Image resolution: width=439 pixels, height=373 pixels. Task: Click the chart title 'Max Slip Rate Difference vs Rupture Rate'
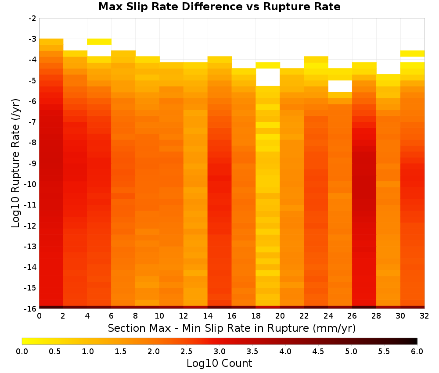pos(219,7)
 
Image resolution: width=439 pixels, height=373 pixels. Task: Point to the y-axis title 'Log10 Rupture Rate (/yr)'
pos(15,163)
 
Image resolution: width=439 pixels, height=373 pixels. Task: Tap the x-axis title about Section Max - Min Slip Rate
pos(232,328)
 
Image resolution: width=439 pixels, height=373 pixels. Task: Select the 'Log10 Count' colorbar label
pos(219,363)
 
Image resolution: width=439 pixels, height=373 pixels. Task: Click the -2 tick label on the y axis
pos(32,18)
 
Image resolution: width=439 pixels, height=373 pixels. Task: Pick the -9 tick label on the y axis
pos(32,163)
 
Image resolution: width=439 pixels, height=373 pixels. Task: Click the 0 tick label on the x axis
pos(39,316)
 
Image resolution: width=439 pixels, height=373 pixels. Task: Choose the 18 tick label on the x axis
pos(256,316)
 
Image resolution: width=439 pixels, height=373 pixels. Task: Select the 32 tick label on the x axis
pos(425,316)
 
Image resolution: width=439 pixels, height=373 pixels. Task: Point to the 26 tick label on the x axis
pos(352,316)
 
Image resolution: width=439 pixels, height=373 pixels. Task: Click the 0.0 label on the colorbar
pos(22,351)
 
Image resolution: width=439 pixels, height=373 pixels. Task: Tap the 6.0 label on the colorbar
pos(417,351)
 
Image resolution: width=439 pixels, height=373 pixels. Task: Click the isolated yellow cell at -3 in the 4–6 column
pos(99,42)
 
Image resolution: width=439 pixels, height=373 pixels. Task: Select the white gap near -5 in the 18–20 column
pos(268,77)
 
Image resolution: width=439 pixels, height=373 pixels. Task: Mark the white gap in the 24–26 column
pos(340,86)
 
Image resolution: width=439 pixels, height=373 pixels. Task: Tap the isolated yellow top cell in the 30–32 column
pos(412,54)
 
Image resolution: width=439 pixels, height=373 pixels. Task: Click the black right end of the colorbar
pos(415,341)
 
